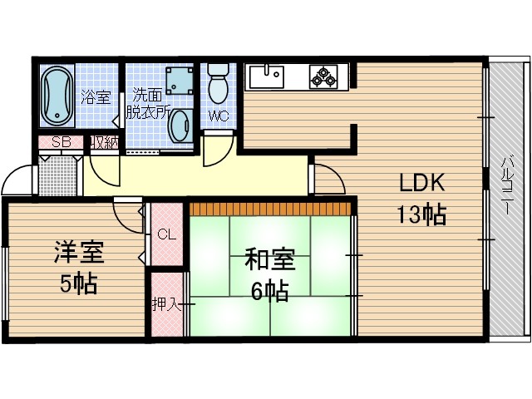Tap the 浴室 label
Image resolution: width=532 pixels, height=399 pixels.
[x=95, y=96]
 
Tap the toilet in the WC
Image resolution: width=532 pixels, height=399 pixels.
[x=218, y=84]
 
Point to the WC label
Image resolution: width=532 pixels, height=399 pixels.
[x=219, y=116]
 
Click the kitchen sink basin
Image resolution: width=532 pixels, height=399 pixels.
[x=265, y=76]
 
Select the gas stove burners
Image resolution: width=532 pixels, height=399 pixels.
[x=323, y=77]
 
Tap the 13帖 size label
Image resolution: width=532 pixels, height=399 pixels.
[x=421, y=214]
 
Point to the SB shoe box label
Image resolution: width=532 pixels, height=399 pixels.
[x=60, y=141]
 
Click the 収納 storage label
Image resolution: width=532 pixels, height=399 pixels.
[x=104, y=141]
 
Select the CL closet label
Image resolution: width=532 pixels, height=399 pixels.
[x=167, y=234]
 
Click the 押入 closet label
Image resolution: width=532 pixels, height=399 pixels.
[x=166, y=304]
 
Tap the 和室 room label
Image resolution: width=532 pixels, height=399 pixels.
[x=269, y=260]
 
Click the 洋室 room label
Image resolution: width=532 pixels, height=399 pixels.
[x=74, y=251]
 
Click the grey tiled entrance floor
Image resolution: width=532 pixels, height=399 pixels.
[x=57, y=174]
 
